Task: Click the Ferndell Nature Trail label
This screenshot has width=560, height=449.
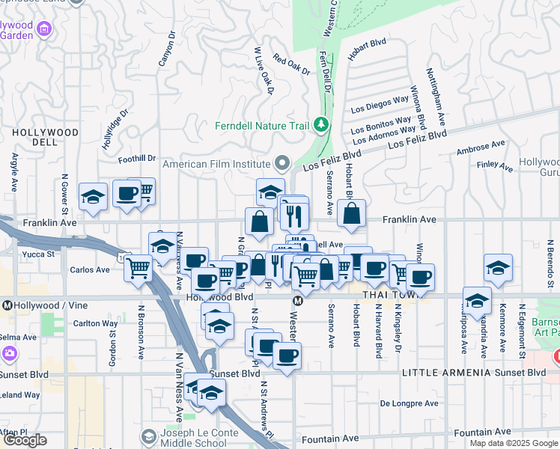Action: [x=261, y=125]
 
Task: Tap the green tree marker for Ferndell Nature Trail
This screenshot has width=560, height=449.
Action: [x=322, y=123]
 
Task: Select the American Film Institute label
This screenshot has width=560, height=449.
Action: [x=216, y=164]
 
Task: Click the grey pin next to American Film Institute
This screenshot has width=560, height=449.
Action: [x=282, y=162]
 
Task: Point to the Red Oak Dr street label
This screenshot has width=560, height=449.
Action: [x=291, y=64]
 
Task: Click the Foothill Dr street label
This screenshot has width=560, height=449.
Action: [x=137, y=159]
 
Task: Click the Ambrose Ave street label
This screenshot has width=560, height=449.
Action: [x=480, y=149]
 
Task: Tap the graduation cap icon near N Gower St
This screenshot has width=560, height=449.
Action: [x=94, y=197]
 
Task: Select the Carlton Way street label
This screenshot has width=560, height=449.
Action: [x=90, y=324]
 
